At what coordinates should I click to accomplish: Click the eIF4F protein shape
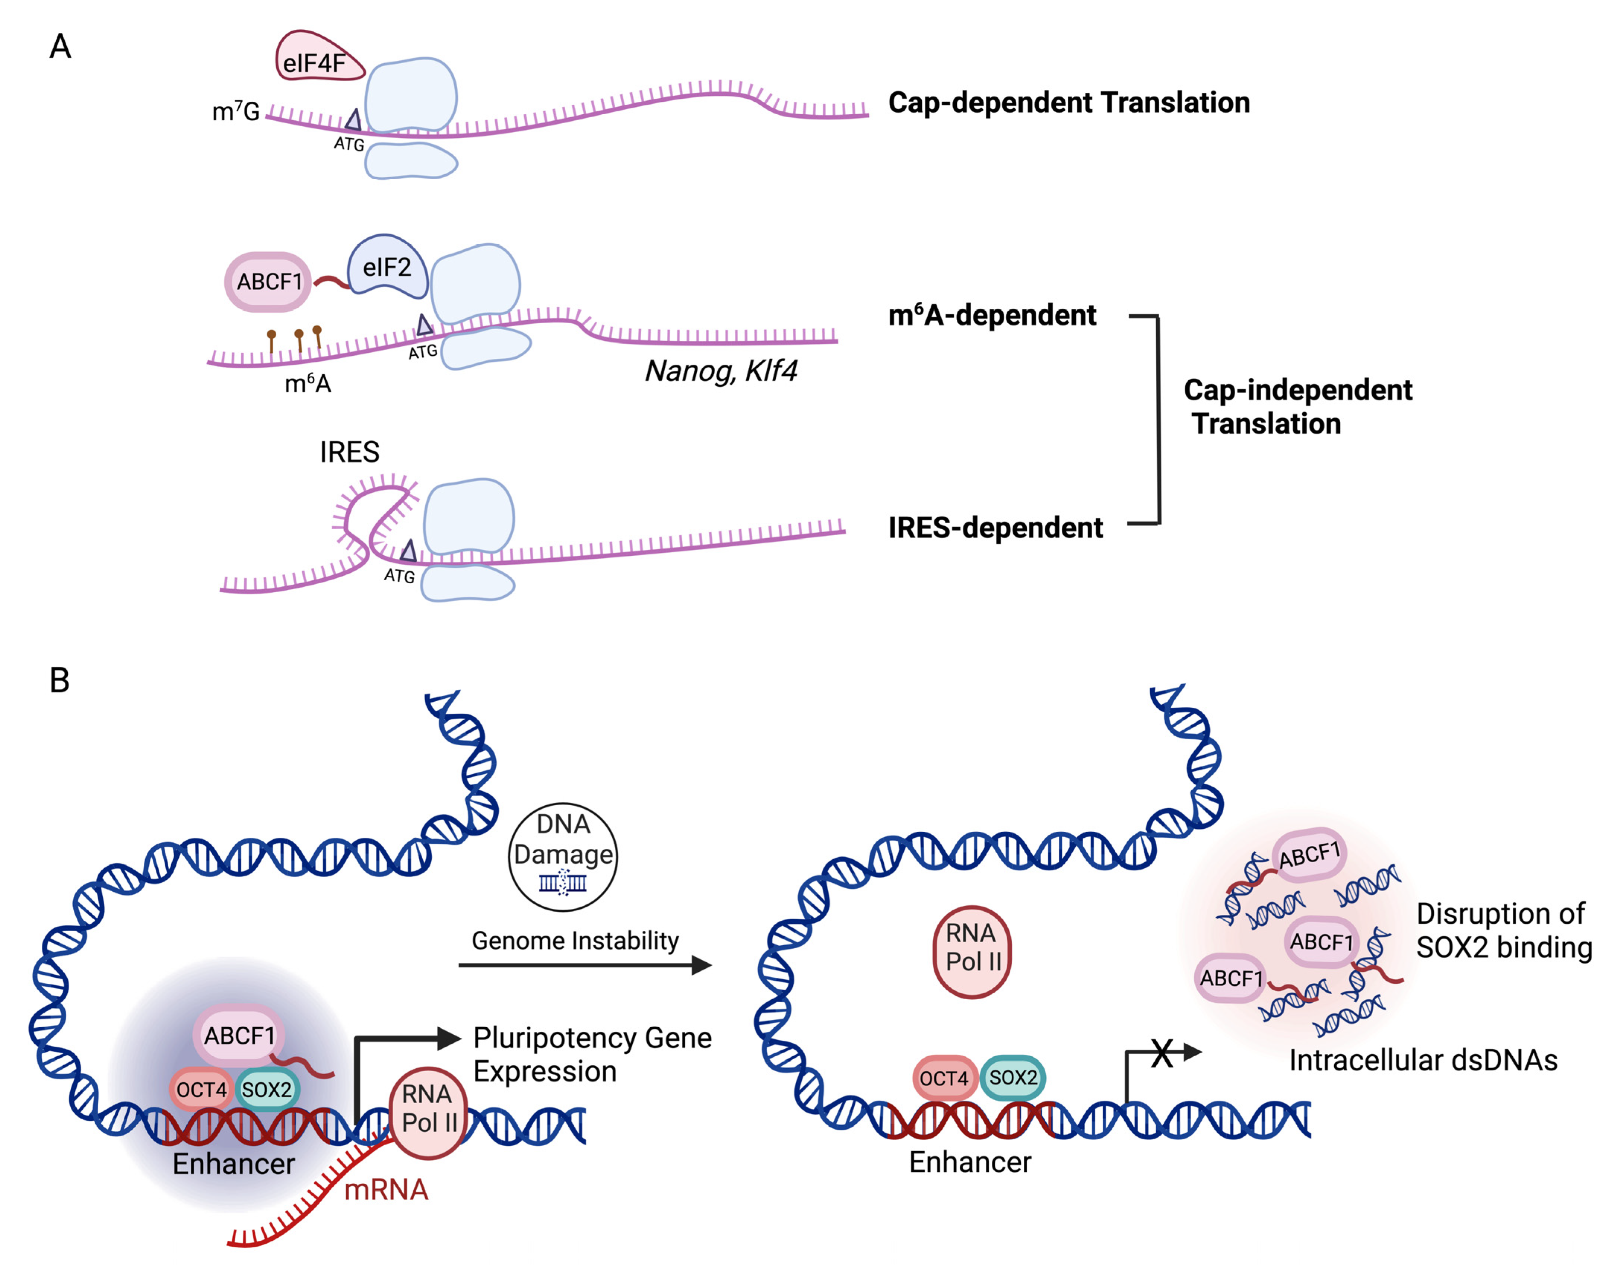(x=317, y=59)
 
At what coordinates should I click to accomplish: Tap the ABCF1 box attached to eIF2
(x=268, y=282)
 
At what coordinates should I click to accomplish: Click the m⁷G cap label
(x=236, y=112)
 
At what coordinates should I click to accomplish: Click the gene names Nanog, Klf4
(x=720, y=371)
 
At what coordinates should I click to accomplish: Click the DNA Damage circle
(x=563, y=857)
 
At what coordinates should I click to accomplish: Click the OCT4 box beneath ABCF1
(x=201, y=1089)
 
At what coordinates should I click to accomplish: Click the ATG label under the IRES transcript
(x=399, y=576)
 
